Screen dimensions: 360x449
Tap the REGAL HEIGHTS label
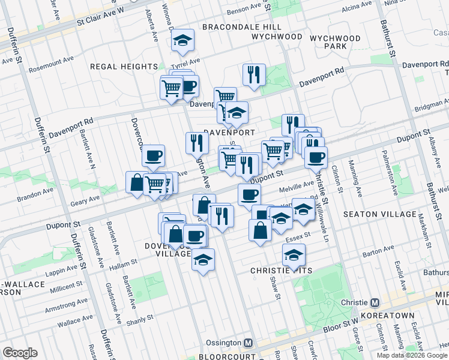124,67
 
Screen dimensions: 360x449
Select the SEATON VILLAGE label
379,214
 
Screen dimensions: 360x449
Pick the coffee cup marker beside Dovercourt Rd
153,157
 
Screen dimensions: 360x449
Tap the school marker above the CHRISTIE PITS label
294,255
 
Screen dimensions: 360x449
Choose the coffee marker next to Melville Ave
249,194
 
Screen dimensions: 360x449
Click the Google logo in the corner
20,352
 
